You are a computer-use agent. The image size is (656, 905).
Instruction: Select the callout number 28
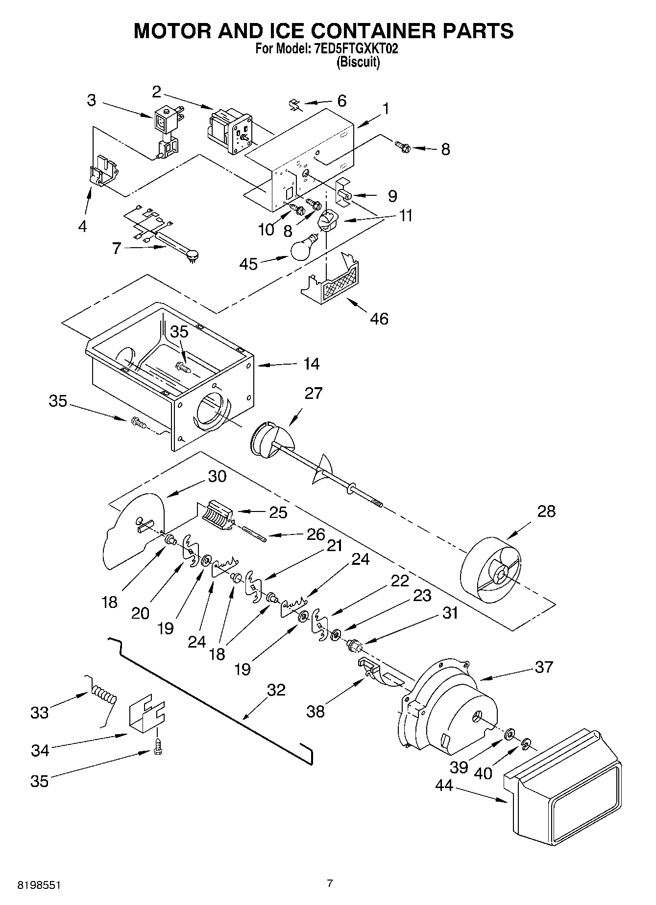click(x=546, y=511)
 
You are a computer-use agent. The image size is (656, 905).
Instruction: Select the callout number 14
click(x=311, y=364)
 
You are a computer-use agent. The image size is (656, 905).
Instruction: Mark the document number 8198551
click(x=40, y=885)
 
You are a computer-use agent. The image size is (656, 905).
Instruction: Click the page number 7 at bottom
click(x=330, y=883)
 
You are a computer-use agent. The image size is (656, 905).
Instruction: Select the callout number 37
click(x=544, y=667)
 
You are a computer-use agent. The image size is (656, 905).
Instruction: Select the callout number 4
click(x=82, y=226)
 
